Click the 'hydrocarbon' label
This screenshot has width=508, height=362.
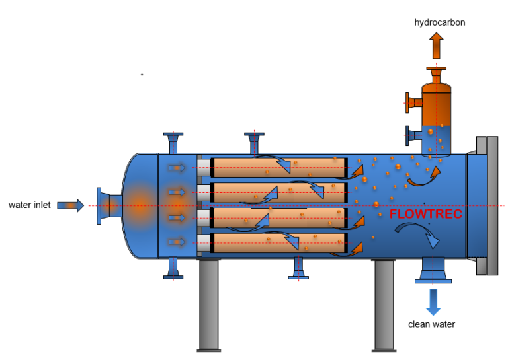439,22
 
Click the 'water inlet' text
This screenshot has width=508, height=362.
29,205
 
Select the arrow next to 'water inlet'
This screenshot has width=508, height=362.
70,205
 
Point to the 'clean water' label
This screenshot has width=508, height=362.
431,324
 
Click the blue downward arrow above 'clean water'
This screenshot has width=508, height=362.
433,301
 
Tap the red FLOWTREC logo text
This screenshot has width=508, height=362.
425,215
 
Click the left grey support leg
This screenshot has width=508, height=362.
209,304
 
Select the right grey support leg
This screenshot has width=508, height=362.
384,304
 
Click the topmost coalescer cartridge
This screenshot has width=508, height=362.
278,168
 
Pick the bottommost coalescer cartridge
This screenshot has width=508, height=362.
278,243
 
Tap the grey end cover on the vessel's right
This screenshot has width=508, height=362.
486,205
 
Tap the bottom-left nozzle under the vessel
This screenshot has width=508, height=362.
173,268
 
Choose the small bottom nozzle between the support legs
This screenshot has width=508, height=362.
298,268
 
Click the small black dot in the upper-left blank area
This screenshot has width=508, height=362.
142,75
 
